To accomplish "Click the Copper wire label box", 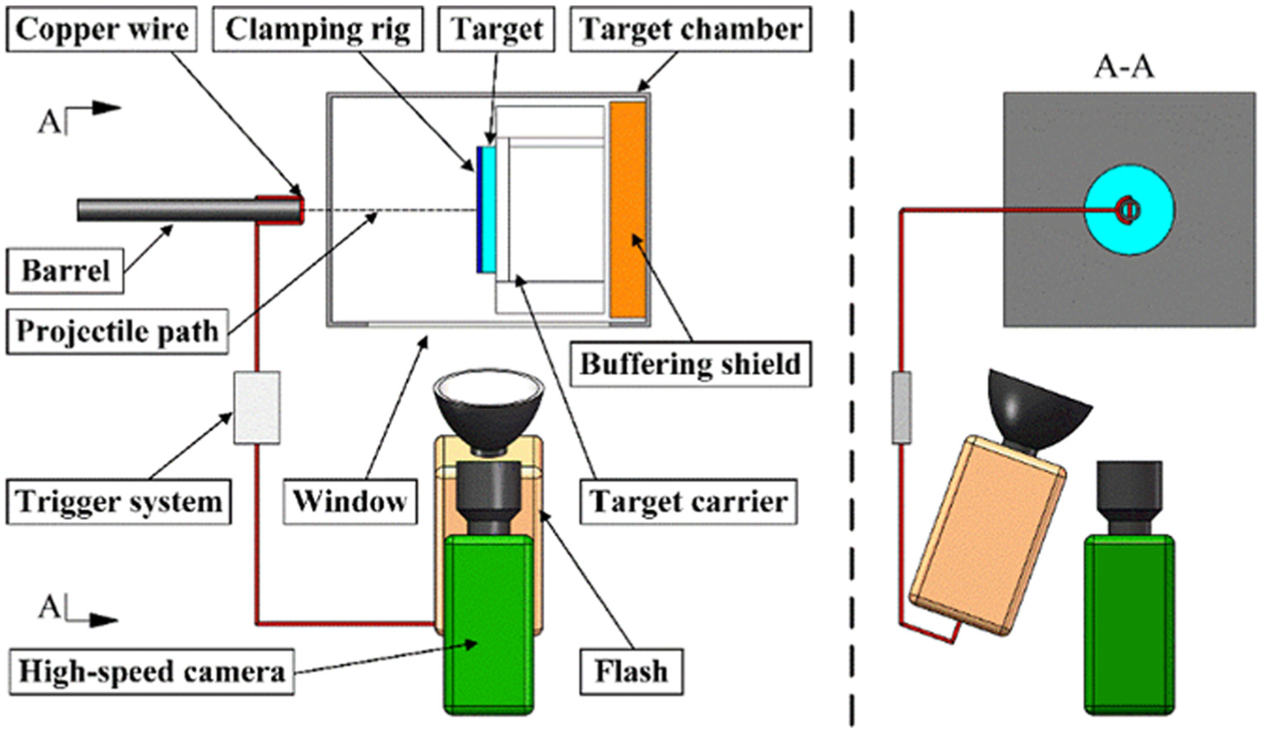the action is click(x=102, y=29).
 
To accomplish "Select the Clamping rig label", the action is click(x=318, y=29).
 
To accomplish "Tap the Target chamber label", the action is click(x=691, y=29).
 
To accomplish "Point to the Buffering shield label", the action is click(x=691, y=363).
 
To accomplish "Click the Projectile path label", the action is click(x=117, y=331).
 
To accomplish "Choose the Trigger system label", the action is click(x=119, y=501).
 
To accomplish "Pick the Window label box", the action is click(x=350, y=501).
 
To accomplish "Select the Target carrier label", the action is click(x=689, y=501).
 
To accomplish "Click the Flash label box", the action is click(x=631, y=671).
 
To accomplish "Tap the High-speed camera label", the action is click(x=151, y=671).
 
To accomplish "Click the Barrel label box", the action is click(x=65, y=271).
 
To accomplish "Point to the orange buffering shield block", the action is click(x=627, y=210).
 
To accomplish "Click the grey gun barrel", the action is click(x=188, y=210).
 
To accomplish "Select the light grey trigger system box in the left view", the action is click(x=257, y=407).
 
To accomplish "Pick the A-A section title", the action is click(x=1124, y=68).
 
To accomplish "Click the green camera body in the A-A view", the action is click(x=1130, y=625).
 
